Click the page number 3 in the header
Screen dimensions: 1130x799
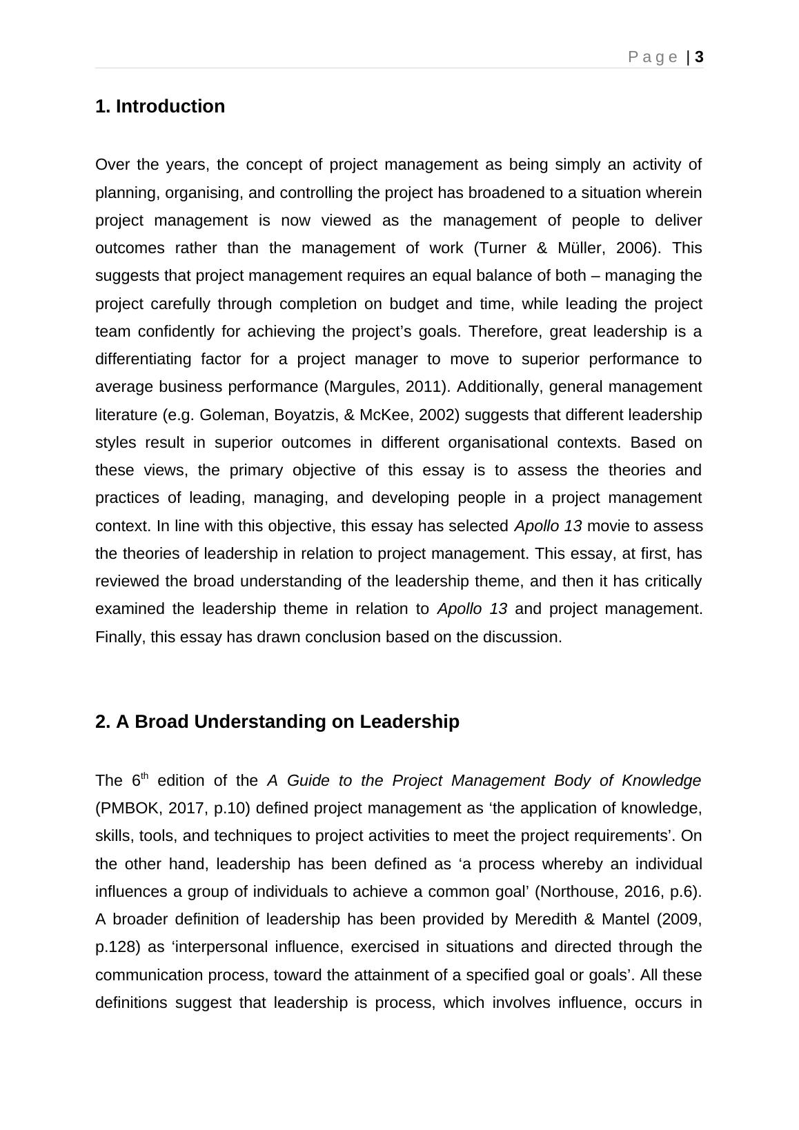[699, 57]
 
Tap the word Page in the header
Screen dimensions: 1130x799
[653, 57]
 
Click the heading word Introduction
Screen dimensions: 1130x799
[170, 106]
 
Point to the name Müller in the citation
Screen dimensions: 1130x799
[579, 248]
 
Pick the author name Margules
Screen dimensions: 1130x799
[360, 387]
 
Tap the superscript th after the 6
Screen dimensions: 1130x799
[144, 775]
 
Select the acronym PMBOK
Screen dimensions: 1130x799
[131, 808]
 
